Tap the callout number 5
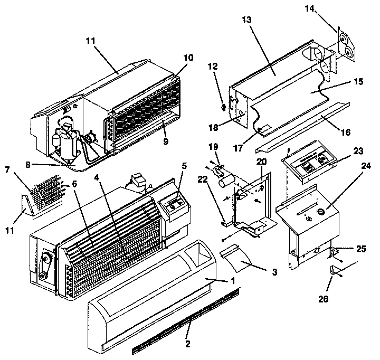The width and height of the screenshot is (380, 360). (x=185, y=165)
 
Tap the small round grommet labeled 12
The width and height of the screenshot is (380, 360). (x=223, y=107)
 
